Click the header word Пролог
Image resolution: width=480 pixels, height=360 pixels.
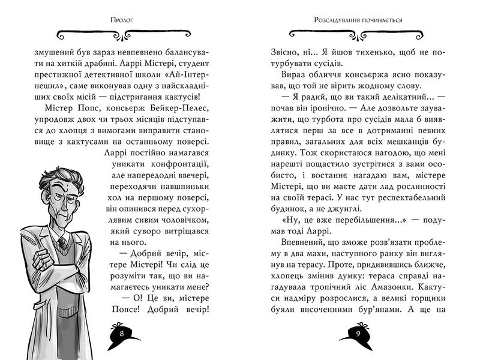pos(122,19)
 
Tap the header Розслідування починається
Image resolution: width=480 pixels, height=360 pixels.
pos(357,19)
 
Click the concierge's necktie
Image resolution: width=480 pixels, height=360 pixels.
pos(62,242)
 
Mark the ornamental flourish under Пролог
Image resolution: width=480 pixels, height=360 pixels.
pos(122,34)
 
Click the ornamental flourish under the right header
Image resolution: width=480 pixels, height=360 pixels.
pos(357,34)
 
